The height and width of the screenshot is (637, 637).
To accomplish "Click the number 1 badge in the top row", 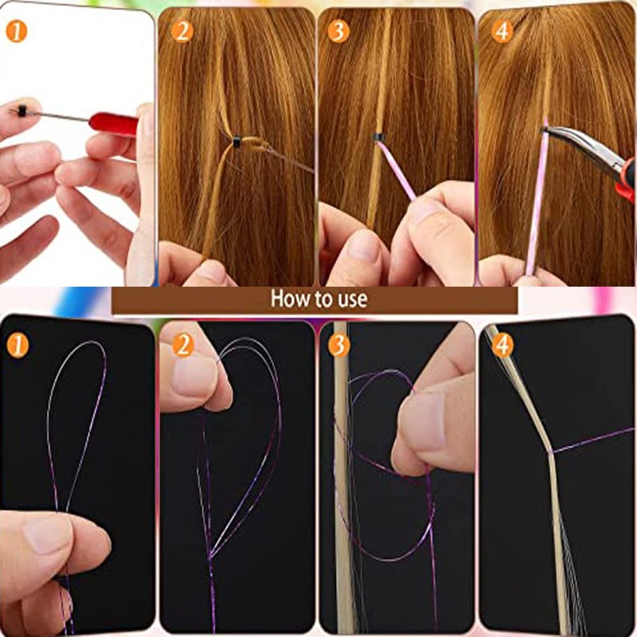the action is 17,32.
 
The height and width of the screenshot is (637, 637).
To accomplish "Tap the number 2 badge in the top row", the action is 182,32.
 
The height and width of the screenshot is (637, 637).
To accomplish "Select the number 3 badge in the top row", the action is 338,32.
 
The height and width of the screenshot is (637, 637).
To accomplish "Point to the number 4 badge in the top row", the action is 502,32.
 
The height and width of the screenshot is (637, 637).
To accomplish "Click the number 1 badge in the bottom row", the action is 18,346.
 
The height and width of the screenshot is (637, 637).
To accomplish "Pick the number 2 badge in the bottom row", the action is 183,346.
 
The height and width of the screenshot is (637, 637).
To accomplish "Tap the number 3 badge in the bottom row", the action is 339,346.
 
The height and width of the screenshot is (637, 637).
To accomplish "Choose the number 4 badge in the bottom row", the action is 503,346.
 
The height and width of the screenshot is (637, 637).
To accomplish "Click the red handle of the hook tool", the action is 114,123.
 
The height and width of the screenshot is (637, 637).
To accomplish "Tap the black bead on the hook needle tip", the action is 22,111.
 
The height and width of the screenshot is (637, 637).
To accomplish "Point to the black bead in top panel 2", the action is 236,143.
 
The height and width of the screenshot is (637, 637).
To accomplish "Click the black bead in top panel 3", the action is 378,137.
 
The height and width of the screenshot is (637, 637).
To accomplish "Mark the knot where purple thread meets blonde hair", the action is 551,451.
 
